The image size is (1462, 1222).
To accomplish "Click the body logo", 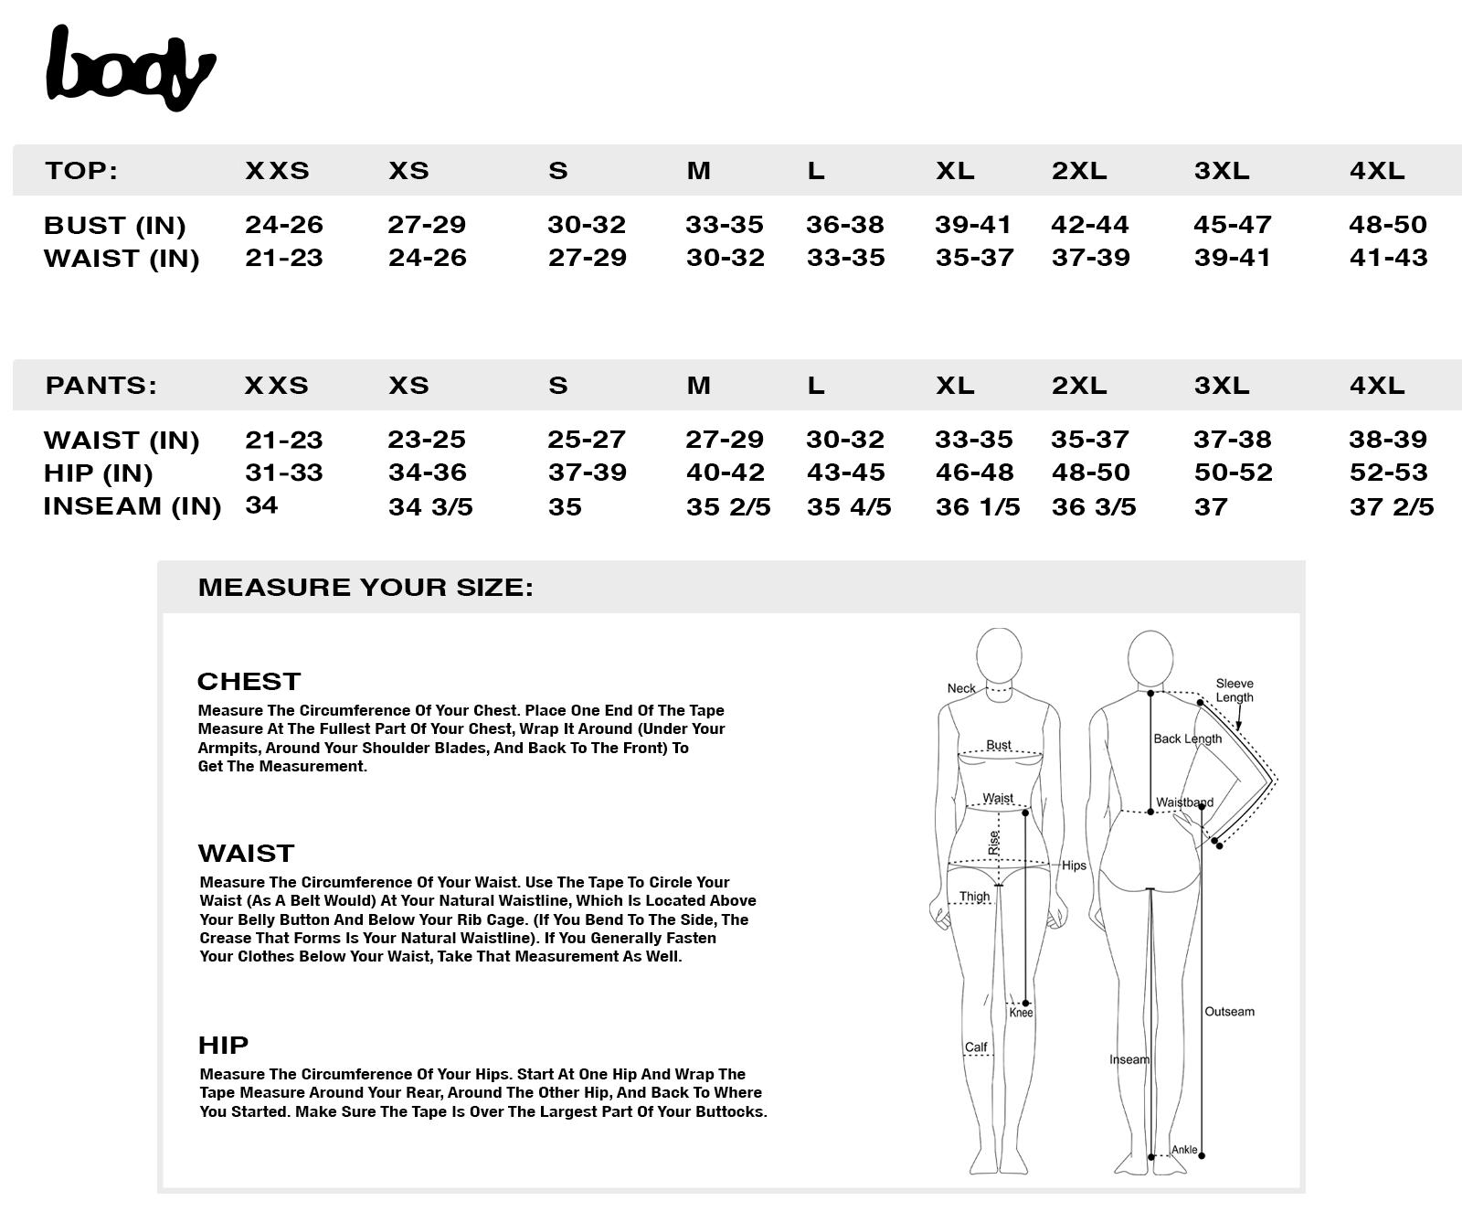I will tap(130, 69).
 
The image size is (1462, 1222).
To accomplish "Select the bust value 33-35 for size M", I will tap(724, 225).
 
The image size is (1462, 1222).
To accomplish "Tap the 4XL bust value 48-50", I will tap(1387, 225).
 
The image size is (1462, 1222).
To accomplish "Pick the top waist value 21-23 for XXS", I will tap(283, 258).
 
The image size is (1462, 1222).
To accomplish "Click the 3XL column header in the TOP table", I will tap(1222, 171).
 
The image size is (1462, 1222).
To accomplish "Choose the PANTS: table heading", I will tap(101, 386).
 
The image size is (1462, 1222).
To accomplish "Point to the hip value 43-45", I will tap(845, 473).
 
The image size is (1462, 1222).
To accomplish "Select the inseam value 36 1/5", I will tap(977, 507).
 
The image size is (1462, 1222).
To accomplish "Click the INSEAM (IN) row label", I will tap(132, 506).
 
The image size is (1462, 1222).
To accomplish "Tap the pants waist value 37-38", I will tap(1232, 440).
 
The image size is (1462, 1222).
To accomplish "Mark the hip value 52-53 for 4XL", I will tap(1387, 473).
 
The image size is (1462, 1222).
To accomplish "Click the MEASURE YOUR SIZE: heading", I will tap(365, 587).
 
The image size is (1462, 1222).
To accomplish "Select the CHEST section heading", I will tap(249, 682).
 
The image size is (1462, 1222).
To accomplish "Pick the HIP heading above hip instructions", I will tap(223, 1045).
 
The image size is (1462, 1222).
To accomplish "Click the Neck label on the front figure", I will tap(960, 688).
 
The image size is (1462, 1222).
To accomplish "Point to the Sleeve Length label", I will tap(1234, 690).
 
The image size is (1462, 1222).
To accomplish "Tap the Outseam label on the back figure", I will tap(1229, 1012).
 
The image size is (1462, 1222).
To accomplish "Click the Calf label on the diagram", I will tap(975, 1047).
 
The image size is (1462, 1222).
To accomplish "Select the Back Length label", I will tap(1187, 739).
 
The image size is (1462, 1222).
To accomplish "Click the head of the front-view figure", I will tap(999, 655).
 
